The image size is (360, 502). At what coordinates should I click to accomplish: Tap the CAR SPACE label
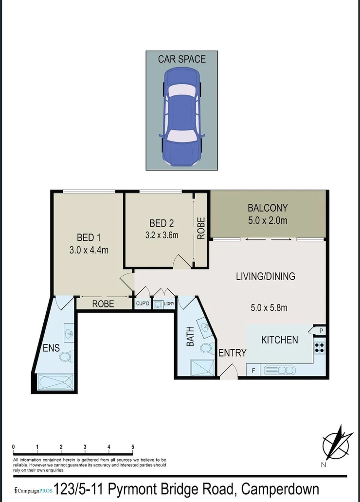(x=181, y=59)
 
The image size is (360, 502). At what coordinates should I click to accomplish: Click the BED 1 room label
(x=89, y=238)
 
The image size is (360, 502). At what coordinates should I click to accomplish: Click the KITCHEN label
(x=280, y=340)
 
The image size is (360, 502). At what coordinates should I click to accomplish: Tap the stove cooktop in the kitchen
(x=319, y=348)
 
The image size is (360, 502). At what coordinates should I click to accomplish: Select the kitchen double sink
(x=279, y=371)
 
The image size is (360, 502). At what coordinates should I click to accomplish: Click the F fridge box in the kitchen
(x=253, y=371)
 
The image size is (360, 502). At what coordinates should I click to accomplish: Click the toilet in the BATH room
(x=206, y=348)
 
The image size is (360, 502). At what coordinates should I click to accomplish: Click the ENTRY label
(x=232, y=353)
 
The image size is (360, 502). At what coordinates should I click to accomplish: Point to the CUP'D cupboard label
(x=142, y=305)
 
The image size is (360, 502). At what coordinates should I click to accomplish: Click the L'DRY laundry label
(x=169, y=305)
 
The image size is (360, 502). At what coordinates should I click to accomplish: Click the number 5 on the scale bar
(x=133, y=447)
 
